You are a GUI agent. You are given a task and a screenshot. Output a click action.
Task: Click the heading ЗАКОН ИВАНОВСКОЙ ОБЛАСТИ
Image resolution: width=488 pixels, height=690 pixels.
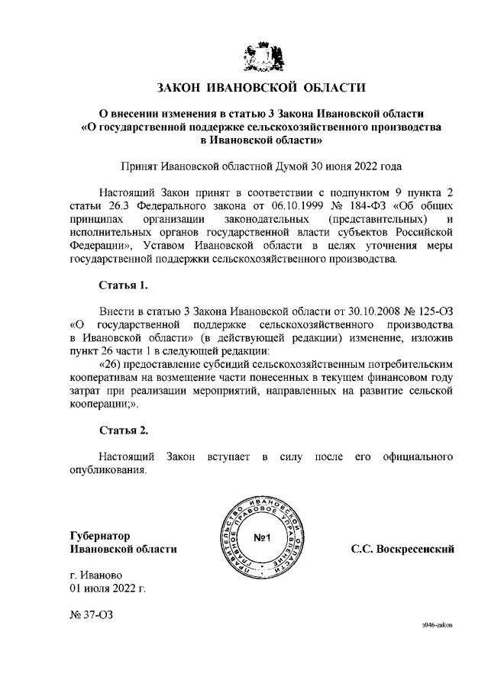261,87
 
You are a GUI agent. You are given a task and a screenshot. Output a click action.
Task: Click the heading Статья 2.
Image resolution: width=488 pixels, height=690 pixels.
123,430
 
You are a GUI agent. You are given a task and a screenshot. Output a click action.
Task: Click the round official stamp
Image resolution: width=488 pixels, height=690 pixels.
262,539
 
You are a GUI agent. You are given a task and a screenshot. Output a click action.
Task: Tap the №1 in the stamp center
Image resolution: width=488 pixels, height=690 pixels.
263,539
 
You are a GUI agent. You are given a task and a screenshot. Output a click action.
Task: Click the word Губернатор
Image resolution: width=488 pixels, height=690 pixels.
100,535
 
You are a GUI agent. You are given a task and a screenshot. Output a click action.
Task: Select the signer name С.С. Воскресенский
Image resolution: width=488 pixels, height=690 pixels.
402,549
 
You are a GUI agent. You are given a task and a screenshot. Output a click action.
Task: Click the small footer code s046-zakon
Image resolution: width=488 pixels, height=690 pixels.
438,624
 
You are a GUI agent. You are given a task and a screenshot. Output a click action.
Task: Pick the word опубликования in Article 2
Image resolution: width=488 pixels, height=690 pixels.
107,469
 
